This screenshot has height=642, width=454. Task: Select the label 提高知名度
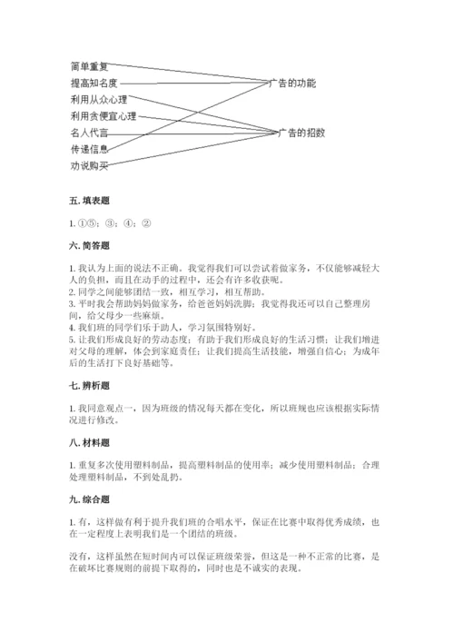(x=94, y=83)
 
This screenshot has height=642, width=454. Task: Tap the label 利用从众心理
(x=98, y=99)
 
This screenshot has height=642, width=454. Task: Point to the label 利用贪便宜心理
(x=103, y=116)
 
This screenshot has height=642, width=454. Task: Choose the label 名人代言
(x=89, y=133)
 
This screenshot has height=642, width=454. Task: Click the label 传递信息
(x=89, y=149)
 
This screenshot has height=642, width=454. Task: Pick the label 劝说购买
(x=89, y=165)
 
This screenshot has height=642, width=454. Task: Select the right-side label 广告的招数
(x=301, y=133)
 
